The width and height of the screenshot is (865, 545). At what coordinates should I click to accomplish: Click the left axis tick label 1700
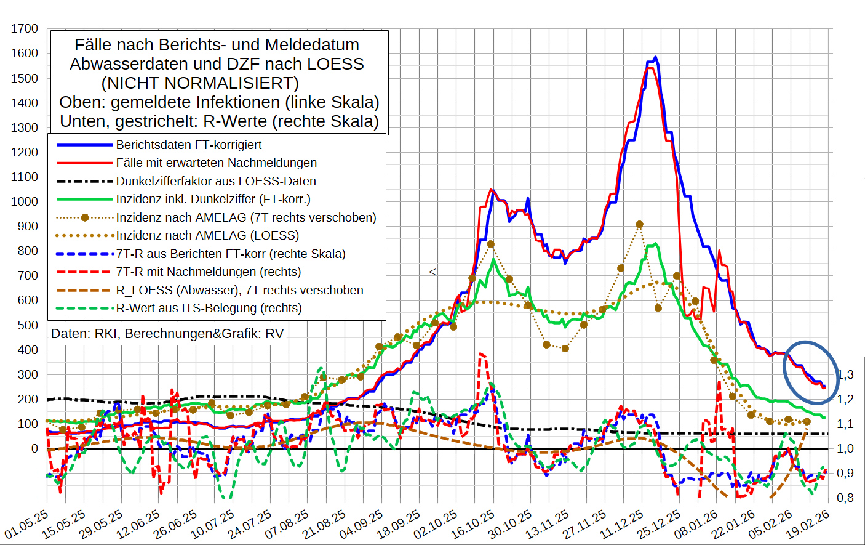click(x=25, y=29)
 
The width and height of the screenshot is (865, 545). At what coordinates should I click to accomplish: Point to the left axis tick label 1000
click(x=25, y=201)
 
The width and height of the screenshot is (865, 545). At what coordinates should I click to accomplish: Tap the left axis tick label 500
click(x=27, y=325)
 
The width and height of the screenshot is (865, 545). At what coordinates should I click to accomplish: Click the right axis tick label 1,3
click(x=845, y=374)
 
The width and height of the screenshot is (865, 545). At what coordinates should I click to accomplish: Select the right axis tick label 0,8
click(x=845, y=498)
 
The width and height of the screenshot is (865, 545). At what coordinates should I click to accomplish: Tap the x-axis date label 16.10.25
click(x=473, y=524)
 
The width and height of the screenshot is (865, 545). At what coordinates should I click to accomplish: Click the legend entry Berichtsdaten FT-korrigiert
click(x=188, y=145)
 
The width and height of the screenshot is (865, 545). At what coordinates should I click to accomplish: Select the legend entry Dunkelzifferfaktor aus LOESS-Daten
click(x=216, y=181)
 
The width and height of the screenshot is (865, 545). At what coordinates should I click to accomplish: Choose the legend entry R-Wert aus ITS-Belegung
click(x=209, y=308)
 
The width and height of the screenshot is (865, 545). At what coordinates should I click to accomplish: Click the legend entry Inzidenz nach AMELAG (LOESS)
click(x=207, y=235)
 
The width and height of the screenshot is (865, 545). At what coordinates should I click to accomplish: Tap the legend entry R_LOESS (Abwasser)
click(x=239, y=290)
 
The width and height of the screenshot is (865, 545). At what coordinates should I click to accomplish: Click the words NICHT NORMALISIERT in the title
click(x=200, y=83)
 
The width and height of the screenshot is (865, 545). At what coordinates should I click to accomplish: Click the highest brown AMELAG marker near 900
click(x=640, y=225)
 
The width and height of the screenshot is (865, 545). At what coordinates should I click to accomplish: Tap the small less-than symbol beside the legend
click(x=432, y=272)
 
